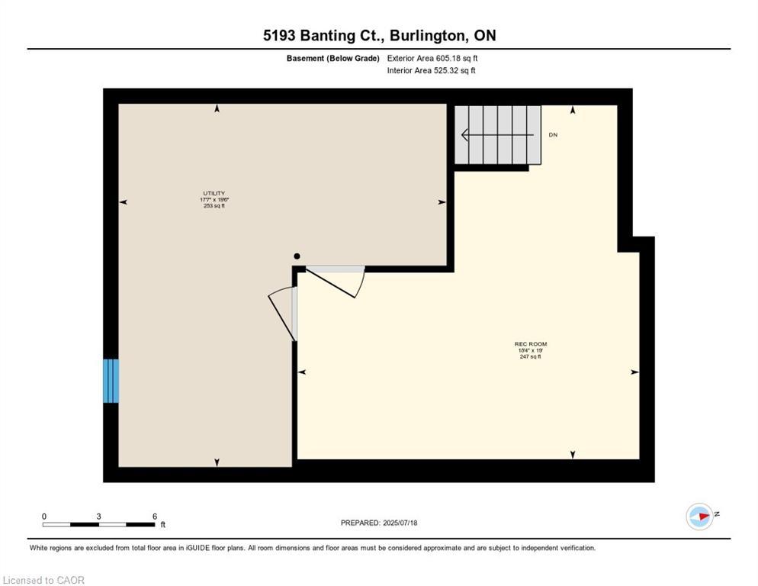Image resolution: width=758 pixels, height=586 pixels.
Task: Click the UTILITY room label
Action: (214, 193)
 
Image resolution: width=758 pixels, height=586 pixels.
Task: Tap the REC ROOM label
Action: (530, 344)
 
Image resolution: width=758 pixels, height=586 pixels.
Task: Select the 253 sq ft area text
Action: (214, 206)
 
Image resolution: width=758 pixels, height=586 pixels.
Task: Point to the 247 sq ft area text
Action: (530, 356)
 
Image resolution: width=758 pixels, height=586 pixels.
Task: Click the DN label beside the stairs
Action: (553, 135)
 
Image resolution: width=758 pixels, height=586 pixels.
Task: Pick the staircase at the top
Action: (498, 135)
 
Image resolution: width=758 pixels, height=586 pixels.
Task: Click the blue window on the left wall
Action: (111, 381)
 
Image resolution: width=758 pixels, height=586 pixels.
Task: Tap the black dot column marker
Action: (297, 256)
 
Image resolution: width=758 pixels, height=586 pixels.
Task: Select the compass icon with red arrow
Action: (699, 517)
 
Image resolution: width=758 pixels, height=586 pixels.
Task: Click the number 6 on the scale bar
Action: (155, 517)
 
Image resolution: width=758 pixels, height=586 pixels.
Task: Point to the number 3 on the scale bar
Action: (99, 517)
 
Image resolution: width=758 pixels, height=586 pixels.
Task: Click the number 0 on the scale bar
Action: (44, 517)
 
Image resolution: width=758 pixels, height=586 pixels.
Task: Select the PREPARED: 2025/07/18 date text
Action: (379, 523)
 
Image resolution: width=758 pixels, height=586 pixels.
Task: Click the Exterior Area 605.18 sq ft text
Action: (432, 58)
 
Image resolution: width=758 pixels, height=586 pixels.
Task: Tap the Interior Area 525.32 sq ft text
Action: (432, 71)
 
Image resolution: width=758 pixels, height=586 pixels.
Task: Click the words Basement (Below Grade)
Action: (332, 58)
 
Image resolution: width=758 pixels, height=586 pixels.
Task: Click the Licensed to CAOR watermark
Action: (43, 580)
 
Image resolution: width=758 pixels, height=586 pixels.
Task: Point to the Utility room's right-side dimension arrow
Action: (441, 202)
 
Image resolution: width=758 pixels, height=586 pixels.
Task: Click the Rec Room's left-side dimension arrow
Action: (302, 372)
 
